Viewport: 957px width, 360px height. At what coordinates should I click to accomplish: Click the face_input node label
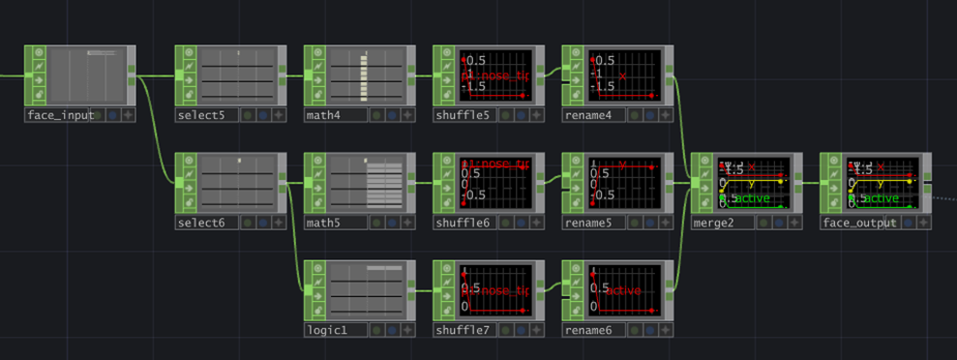(60, 115)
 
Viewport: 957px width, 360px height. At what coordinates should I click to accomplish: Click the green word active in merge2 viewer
(749, 198)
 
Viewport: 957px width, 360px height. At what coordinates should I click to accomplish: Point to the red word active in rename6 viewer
(624, 290)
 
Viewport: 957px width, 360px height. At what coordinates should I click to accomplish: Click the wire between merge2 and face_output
(811, 181)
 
